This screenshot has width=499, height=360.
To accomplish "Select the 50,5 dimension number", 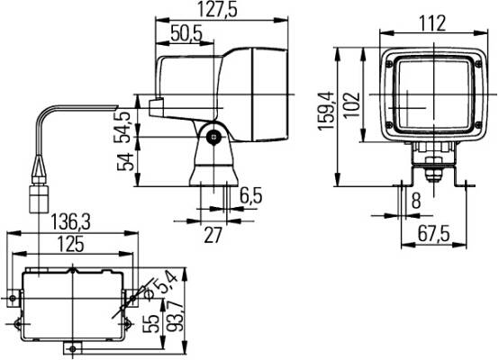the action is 186,33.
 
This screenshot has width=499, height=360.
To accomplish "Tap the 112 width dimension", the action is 432,23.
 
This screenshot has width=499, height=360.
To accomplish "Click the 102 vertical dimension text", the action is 352,105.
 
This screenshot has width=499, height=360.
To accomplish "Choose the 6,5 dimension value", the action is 251,196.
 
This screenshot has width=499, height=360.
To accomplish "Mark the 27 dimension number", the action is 213,236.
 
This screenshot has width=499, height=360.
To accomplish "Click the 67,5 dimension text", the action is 433,235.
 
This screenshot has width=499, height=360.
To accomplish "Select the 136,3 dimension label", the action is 71,222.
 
